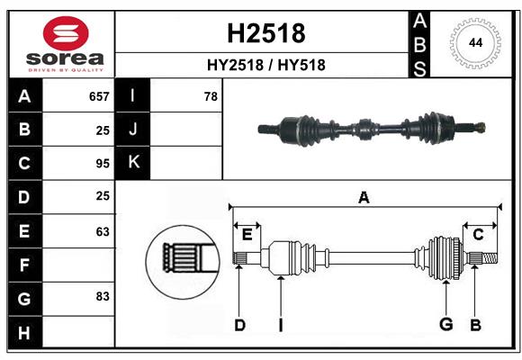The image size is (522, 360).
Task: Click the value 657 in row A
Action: [x=99, y=96]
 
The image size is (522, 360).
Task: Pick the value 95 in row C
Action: [x=102, y=164]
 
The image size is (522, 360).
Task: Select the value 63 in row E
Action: [x=102, y=231]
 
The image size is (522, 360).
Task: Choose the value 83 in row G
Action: [x=102, y=296]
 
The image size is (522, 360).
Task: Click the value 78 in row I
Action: [x=211, y=96]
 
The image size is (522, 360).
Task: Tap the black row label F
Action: [x=24, y=265]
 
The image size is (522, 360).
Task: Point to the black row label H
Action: [x=24, y=332]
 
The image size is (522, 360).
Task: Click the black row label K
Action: [x=134, y=163]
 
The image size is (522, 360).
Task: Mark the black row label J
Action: [x=134, y=130]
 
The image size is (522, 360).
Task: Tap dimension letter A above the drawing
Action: [x=364, y=197]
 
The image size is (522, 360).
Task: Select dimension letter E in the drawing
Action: [x=247, y=235]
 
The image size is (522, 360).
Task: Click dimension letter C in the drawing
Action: [x=478, y=235]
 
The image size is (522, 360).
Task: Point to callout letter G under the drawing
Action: [x=445, y=324]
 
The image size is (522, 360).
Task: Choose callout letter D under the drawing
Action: [x=239, y=324]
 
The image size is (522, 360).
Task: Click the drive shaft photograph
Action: [x=372, y=129]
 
